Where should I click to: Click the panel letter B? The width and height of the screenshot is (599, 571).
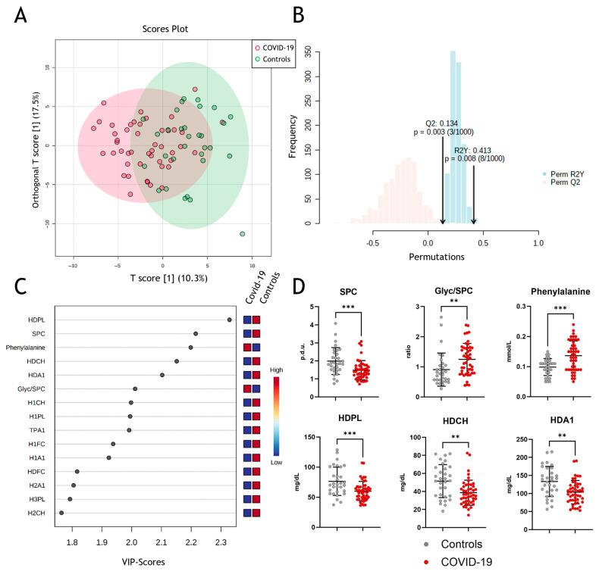[x=299, y=14]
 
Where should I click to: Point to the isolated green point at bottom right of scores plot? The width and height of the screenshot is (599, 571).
[x=242, y=234]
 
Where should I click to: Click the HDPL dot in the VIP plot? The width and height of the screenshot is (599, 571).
[x=229, y=320]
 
